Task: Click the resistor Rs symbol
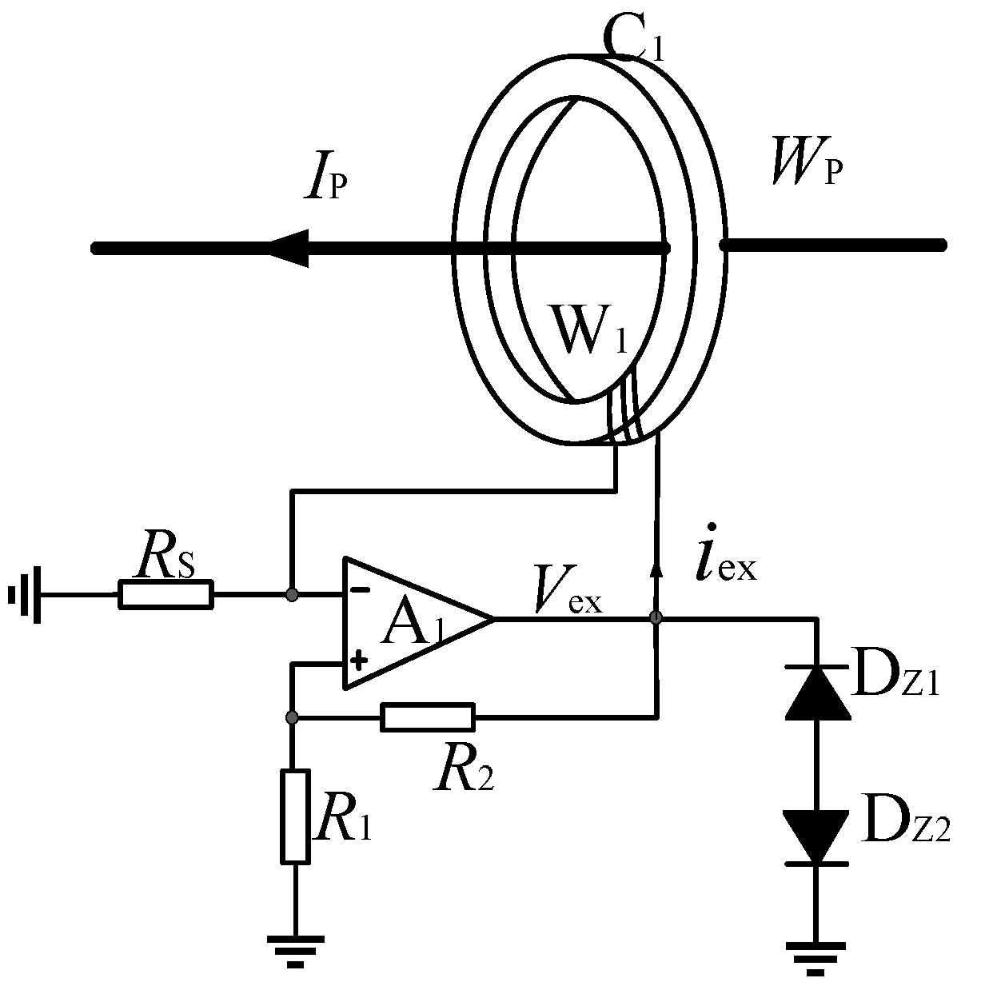166,595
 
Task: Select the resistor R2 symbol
428,717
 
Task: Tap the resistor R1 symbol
295,816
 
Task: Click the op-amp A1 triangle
408,621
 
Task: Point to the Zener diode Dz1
816,693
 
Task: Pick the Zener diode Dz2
816,836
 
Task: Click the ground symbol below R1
295,949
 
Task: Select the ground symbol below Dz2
816,957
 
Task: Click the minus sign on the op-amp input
361,590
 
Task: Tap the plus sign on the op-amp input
360,661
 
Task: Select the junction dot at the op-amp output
656,618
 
